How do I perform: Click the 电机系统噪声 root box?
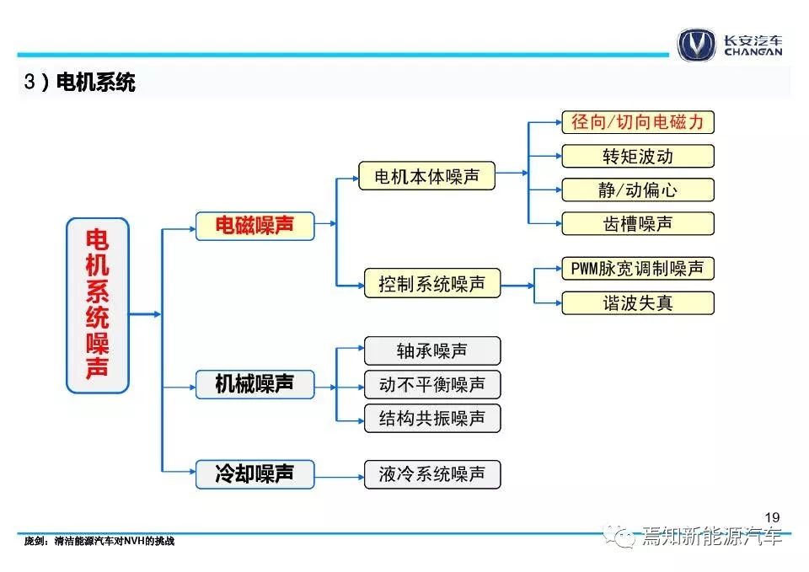tap(98, 305)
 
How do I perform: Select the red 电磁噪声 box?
tap(254, 226)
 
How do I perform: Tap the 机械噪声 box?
tap(254, 384)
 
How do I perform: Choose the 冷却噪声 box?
tap(254, 474)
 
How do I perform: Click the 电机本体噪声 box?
tap(426, 176)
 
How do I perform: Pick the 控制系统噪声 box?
tap(432, 283)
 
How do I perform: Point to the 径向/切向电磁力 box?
tap(638, 122)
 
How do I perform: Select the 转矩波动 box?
tap(638, 156)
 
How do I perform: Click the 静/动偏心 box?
tap(638, 190)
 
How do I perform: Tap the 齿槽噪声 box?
tap(638, 223)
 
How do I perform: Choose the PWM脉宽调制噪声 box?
tap(638, 268)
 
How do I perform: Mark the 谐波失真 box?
tap(638, 302)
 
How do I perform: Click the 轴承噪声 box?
tap(432, 350)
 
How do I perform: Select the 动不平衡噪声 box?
tap(432, 384)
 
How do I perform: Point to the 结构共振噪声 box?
tap(432, 418)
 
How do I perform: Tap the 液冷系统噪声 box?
tap(432, 474)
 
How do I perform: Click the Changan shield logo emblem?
tap(697, 45)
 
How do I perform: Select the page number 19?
tap(773, 517)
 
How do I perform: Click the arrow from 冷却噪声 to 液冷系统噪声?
tap(340, 477)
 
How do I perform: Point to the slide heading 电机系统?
tap(95, 82)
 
